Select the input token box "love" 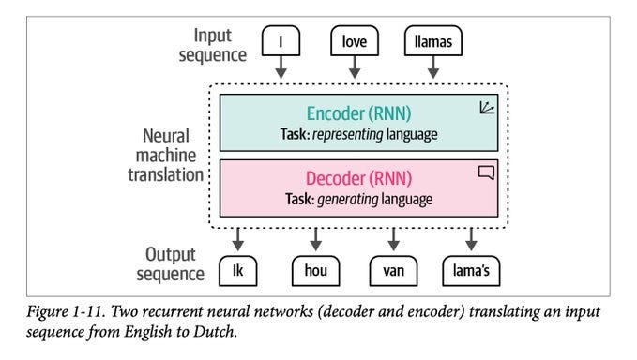[x=355, y=41]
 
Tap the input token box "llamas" [x=432, y=41]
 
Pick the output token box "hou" [x=315, y=270]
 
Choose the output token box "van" [x=392, y=270]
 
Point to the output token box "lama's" [x=471, y=270]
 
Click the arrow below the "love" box [x=355, y=70]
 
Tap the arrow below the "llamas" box [x=432, y=70]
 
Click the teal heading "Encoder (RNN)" [x=359, y=114]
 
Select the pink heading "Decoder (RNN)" [x=359, y=177]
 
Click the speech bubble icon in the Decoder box [x=486, y=172]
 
